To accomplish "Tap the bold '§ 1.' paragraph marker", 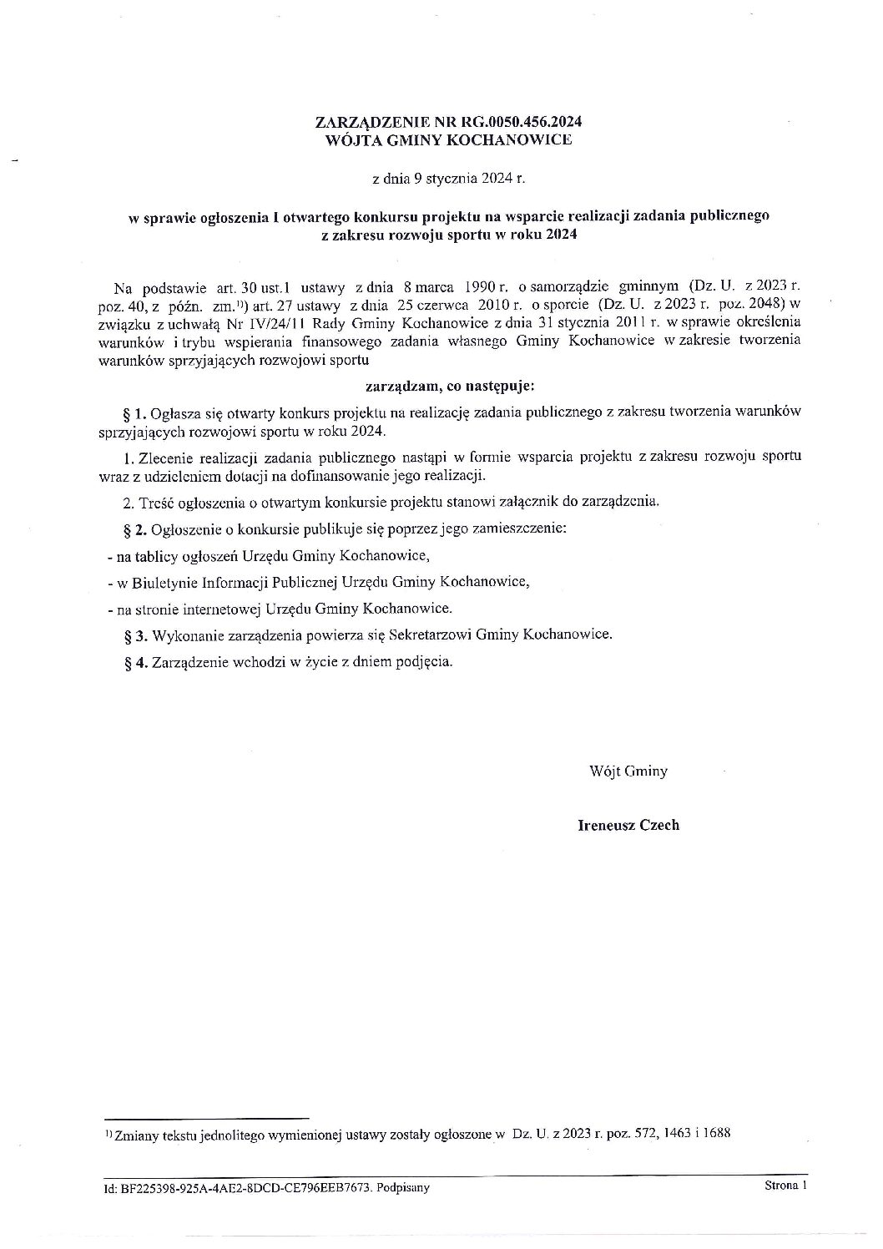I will pos(135,412).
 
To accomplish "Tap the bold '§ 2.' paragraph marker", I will pos(135,529).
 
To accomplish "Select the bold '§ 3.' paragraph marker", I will pos(135,635).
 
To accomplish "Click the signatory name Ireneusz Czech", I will pos(628,826).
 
